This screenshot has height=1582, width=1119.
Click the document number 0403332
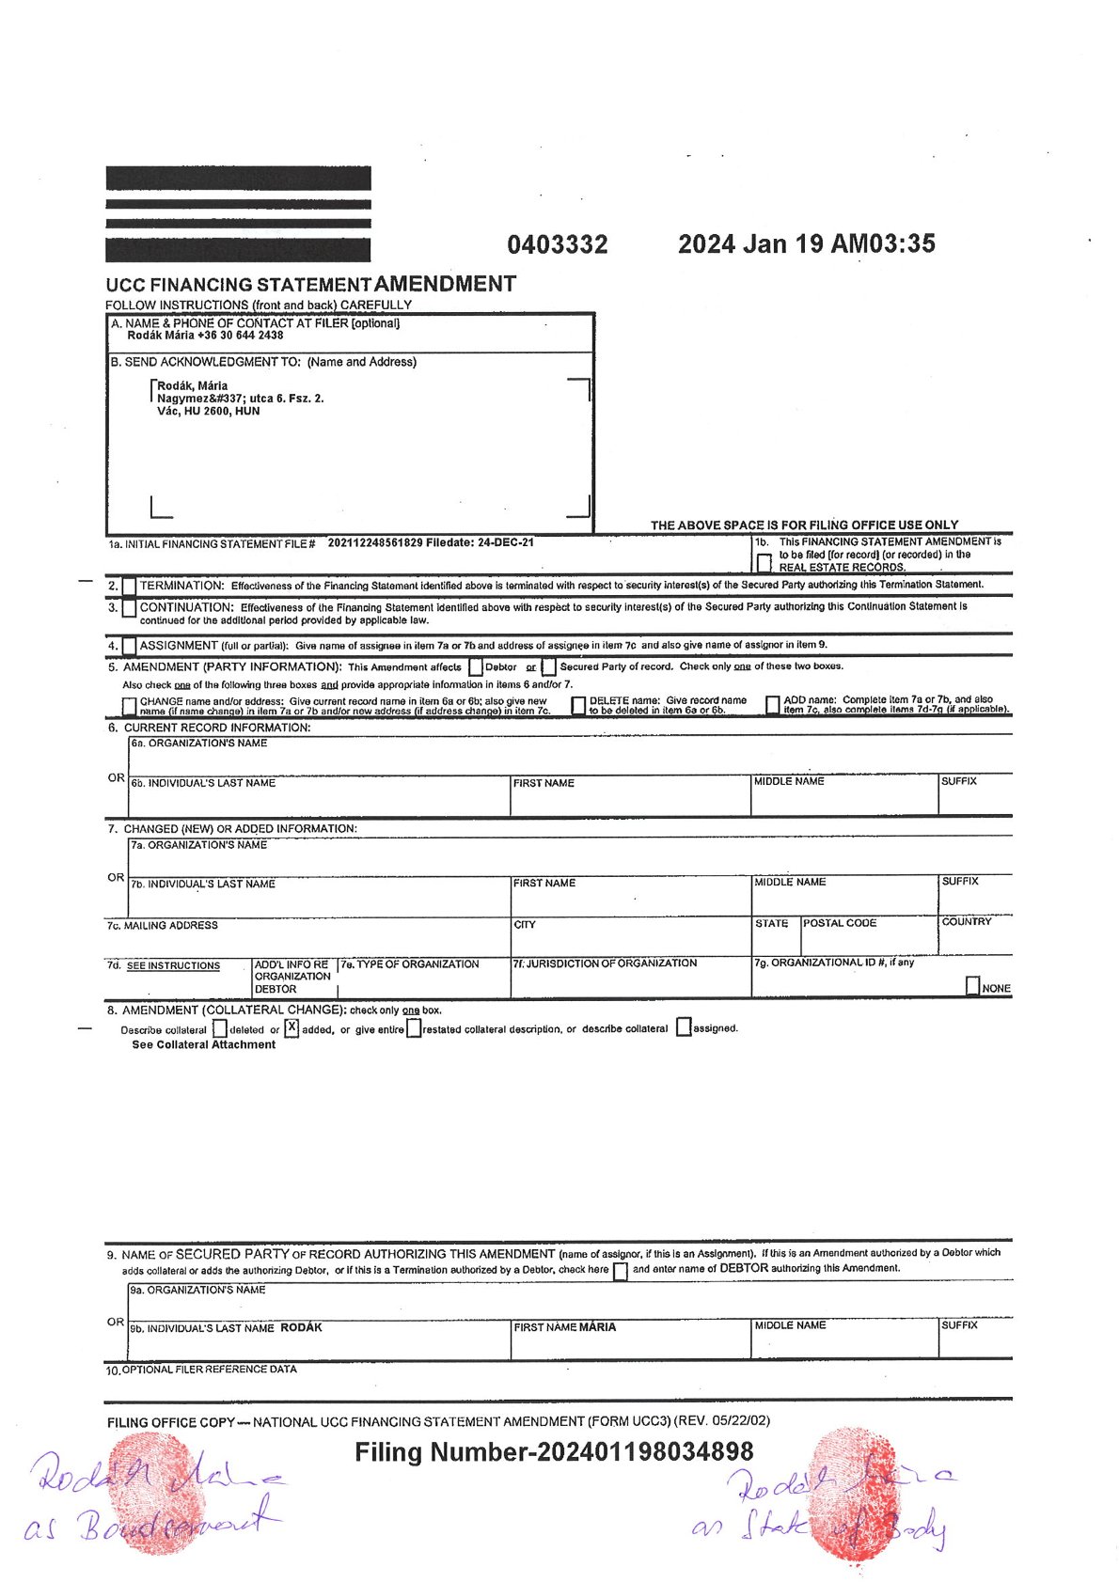pos(557,245)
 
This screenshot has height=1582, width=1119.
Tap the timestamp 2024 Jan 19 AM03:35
pos(806,244)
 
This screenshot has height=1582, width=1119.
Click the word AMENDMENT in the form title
pos(445,284)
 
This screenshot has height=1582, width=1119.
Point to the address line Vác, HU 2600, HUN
pos(208,411)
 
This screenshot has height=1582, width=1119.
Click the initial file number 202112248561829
pos(374,543)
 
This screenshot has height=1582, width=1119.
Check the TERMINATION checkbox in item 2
pos(129,586)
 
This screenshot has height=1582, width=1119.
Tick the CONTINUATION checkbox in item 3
pos(129,608)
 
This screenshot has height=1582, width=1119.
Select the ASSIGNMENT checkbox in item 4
pos(129,647)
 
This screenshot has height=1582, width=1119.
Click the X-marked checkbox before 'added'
pos(292,1028)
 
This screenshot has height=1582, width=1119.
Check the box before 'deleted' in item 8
pos(220,1029)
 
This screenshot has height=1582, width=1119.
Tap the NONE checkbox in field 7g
pos(973,986)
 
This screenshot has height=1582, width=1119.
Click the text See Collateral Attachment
pos(203,1045)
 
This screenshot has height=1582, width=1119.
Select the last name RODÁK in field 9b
pos(301,1328)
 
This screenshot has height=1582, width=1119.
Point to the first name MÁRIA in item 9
pos(597,1327)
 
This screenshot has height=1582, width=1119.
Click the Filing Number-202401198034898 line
pos(554,1452)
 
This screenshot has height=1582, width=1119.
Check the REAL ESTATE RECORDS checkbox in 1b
pos(764,563)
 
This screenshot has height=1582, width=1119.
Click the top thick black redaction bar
pos(238,179)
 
